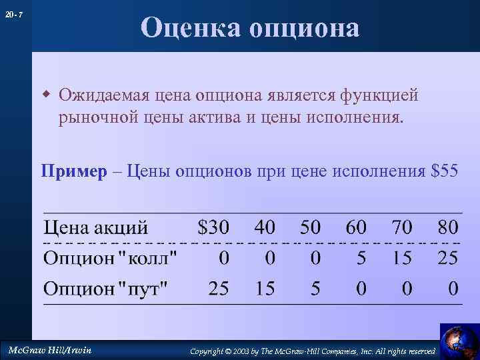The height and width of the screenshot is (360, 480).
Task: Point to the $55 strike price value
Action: pyautogui.click(x=445, y=171)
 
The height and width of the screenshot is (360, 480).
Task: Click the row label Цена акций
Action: pyautogui.click(x=96, y=228)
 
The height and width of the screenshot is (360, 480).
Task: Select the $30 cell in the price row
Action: pyautogui.click(x=213, y=227)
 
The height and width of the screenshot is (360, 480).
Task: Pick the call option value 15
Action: pyautogui.click(x=402, y=258)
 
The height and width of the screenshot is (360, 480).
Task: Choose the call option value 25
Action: pyautogui.click(x=448, y=258)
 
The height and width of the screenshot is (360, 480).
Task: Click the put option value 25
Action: pyautogui.click(x=219, y=289)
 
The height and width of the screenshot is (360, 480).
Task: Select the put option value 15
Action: pyautogui.click(x=265, y=289)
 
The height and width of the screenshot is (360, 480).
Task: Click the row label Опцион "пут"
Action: pyautogui.click(x=107, y=289)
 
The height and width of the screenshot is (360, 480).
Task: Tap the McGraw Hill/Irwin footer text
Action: pyautogui.click(x=49, y=350)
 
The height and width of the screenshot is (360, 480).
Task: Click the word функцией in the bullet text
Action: pyautogui.click(x=379, y=95)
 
